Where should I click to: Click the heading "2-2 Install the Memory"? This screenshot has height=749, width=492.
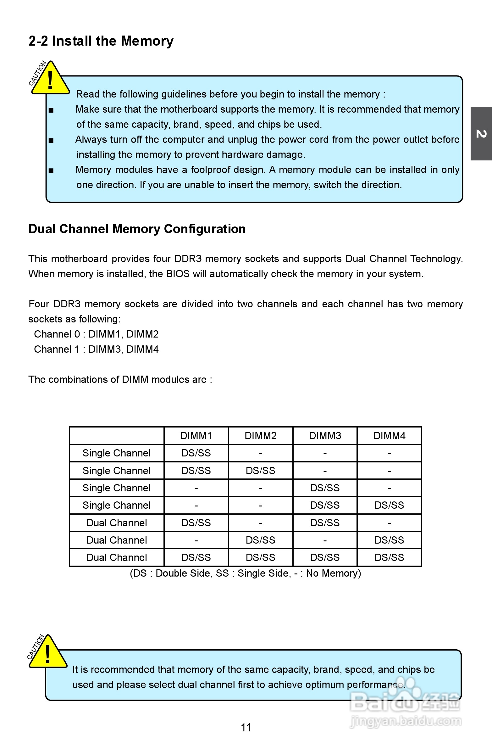tap(101, 41)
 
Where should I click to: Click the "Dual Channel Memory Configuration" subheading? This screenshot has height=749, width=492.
tap(137, 229)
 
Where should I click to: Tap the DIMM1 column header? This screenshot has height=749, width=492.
tap(196, 436)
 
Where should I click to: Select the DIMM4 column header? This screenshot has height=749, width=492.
tap(389, 436)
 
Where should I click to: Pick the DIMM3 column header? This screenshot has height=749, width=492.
tap(325, 436)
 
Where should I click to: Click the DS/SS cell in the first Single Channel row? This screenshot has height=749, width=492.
tap(196, 453)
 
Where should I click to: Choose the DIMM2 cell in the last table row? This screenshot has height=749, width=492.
tap(261, 557)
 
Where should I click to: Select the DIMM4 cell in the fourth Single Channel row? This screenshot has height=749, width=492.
tap(389, 505)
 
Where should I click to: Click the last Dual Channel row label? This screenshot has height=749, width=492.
tap(117, 557)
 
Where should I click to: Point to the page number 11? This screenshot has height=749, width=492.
tap(246, 727)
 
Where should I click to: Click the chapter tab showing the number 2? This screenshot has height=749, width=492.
tap(481, 134)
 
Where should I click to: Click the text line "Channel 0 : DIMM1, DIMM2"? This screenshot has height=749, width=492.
tap(96, 334)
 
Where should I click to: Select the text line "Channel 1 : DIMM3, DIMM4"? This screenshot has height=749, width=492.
tap(96, 349)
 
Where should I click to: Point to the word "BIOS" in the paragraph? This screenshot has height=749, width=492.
tap(178, 274)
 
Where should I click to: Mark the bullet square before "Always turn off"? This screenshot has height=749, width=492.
tap(51, 140)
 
